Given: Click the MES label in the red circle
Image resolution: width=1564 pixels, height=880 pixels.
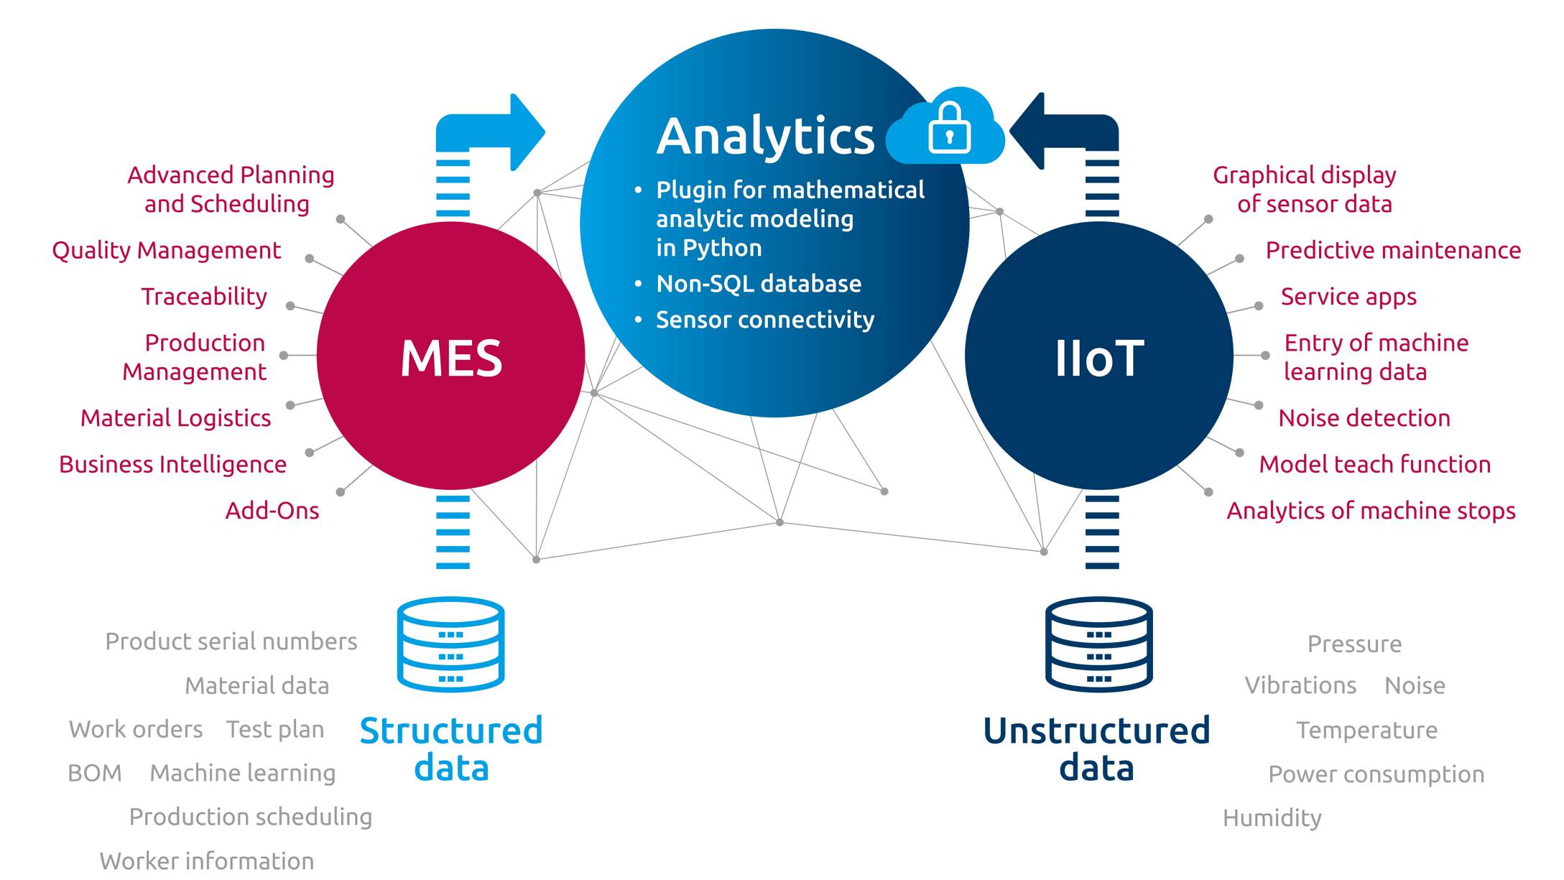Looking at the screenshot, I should pyautogui.click(x=451, y=358).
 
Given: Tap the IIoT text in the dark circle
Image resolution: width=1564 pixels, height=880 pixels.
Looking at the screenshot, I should pyautogui.click(x=1098, y=358).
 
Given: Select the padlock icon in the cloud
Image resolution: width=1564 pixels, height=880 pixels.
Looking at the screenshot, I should pyautogui.click(x=949, y=129).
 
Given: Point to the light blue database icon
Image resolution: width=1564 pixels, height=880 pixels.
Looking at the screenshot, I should pyautogui.click(x=450, y=644).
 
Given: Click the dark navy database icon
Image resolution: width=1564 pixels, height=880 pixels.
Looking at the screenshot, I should pyautogui.click(x=1098, y=644).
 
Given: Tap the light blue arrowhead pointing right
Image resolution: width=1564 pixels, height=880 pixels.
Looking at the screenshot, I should pyautogui.click(x=528, y=132).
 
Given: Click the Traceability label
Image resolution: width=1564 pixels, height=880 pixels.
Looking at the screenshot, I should pyautogui.click(x=204, y=297).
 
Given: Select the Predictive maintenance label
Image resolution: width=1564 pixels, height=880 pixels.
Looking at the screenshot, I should pyautogui.click(x=1392, y=250).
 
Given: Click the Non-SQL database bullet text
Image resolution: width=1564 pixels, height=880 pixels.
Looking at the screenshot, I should pyautogui.click(x=758, y=284).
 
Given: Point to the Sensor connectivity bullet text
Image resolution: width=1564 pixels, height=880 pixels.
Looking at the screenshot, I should pyautogui.click(x=764, y=320).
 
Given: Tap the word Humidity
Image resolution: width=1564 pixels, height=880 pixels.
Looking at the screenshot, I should pyautogui.click(x=1272, y=818).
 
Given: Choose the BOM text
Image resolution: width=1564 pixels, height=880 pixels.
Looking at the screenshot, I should pyautogui.click(x=94, y=773).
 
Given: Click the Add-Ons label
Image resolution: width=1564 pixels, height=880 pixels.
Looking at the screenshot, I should pyautogui.click(x=272, y=511).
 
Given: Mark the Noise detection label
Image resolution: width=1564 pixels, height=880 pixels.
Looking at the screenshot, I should pyautogui.click(x=1364, y=418).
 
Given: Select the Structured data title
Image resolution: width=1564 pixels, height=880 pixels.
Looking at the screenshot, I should pyautogui.click(x=451, y=749).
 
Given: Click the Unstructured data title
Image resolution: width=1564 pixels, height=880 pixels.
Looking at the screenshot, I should pyautogui.click(x=1096, y=749).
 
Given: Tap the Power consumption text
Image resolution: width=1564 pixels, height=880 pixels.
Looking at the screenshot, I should pyautogui.click(x=1376, y=774).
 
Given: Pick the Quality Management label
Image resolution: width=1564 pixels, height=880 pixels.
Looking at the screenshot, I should pyautogui.click(x=166, y=250).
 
